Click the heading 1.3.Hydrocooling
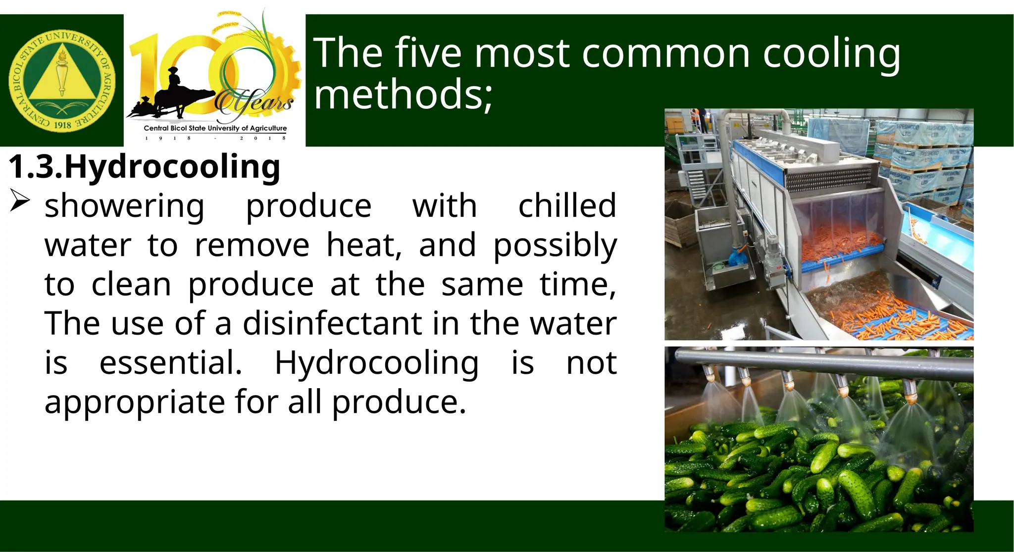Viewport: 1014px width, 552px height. click(x=144, y=167)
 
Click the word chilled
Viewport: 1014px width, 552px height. click(x=567, y=206)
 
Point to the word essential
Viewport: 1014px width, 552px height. click(x=171, y=363)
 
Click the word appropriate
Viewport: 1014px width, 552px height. click(x=135, y=402)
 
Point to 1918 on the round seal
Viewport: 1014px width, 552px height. click(x=62, y=125)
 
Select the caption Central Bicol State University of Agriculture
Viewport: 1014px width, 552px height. click(x=215, y=128)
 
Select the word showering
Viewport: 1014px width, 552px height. click(x=124, y=206)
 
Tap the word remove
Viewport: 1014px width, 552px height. click(x=252, y=245)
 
